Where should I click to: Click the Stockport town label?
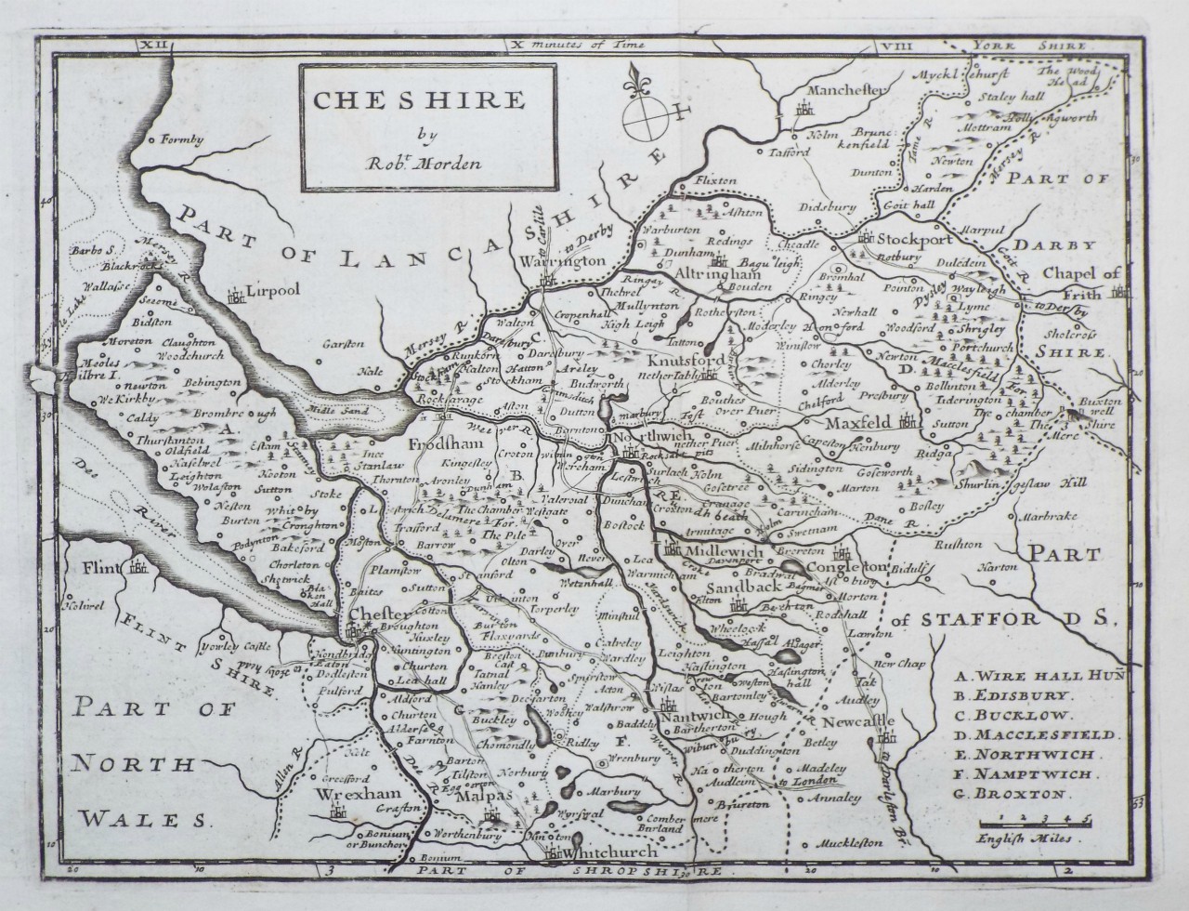910,234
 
